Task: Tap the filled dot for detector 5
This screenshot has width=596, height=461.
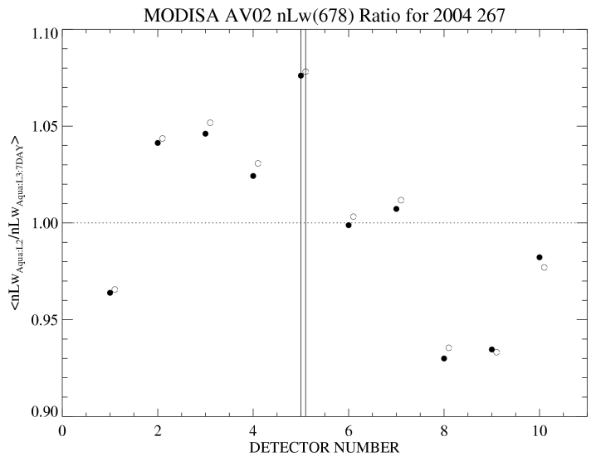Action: pyautogui.click(x=300, y=75)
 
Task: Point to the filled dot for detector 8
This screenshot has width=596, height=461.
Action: pyautogui.click(x=444, y=358)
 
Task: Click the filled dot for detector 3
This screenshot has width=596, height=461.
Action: pyautogui.click(x=205, y=133)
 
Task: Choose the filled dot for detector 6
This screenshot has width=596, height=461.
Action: pyautogui.click(x=349, y=225)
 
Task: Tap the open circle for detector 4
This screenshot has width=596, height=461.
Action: pyautogui.click(x=258, y=163)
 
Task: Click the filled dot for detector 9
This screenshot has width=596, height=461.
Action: pyautogui.click(x=491, y=350)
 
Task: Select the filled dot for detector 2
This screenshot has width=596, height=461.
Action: pyautogui.click(x=158, y=143)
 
